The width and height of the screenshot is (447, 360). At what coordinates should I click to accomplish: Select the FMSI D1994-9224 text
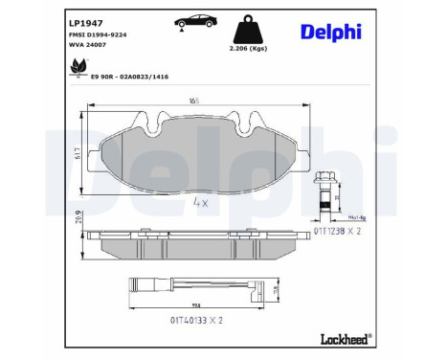pyautogui.click(x=100, y=34)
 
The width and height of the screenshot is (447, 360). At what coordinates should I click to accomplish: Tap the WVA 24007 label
pyautogui.click(x=89, y=45)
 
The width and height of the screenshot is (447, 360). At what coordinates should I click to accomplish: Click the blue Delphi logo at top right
pyautogui.click(x=330, y=32)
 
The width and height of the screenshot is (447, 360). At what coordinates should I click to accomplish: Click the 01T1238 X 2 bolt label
pyautogui.click(x=341, y=229)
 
